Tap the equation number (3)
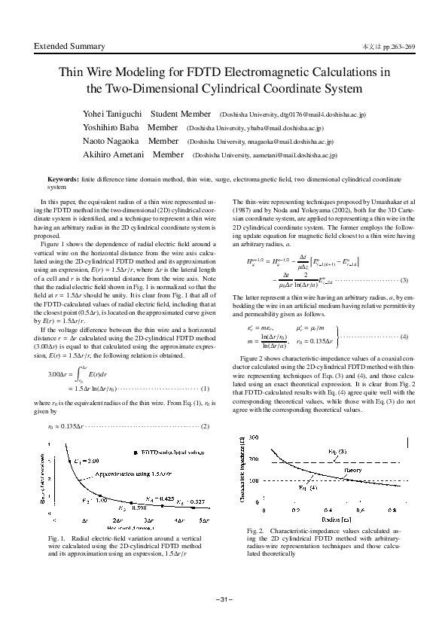[404, 280]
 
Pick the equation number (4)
[404, 336]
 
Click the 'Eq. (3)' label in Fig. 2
[338, 451]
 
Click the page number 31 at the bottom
[224, 599]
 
